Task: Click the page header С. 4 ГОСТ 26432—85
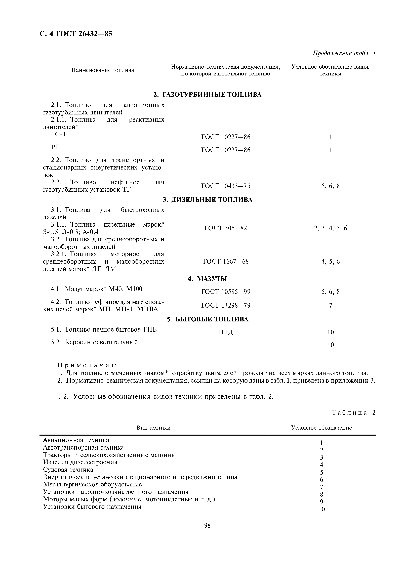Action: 76,34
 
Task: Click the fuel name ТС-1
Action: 58,134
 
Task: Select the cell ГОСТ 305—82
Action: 226,228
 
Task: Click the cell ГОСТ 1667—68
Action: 226,262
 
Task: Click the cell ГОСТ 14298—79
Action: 226,305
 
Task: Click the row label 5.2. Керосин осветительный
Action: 94,342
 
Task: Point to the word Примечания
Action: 87,366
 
